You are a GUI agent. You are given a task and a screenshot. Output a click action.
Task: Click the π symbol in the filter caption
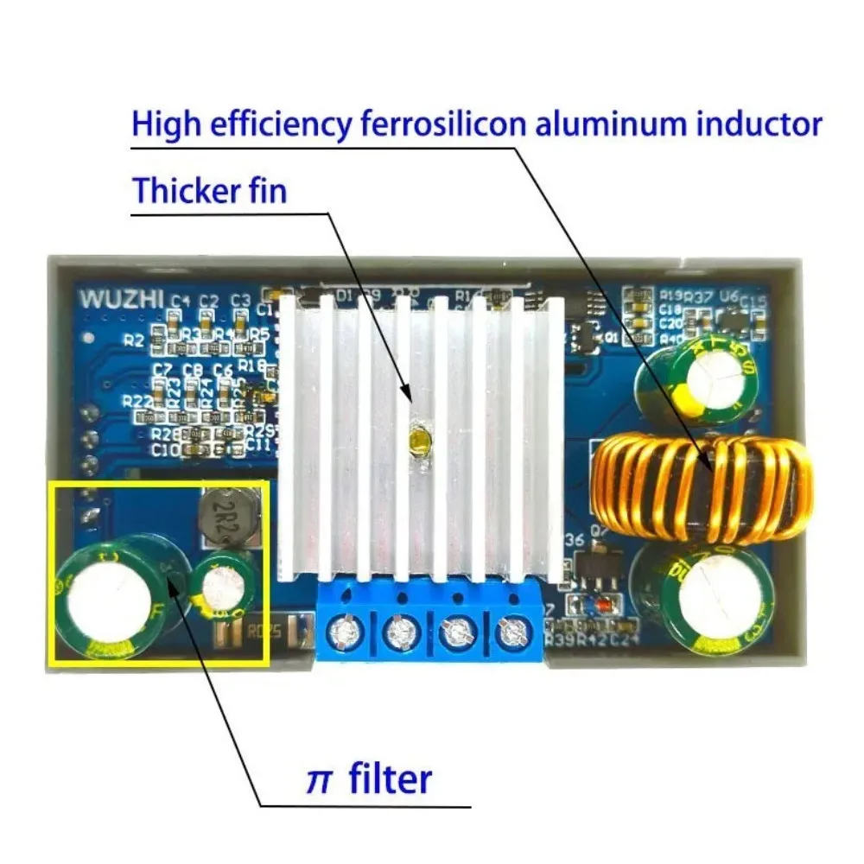(x=320, y=779)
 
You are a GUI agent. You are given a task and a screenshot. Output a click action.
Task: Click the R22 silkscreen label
(x=138, y=402)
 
